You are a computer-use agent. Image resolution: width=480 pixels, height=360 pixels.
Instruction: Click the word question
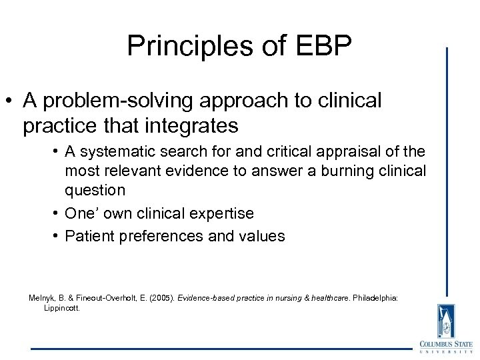[x=95, y=190]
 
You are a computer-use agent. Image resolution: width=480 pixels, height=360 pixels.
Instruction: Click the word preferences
[x=160, y=235]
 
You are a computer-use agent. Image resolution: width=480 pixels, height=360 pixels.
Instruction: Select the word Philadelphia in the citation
[x=374, y=297]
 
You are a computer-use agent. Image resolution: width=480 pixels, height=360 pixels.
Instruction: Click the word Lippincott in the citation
[x=62, y=308]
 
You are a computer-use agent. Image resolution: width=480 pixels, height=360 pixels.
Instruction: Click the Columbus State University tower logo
[x=445, y=321]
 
